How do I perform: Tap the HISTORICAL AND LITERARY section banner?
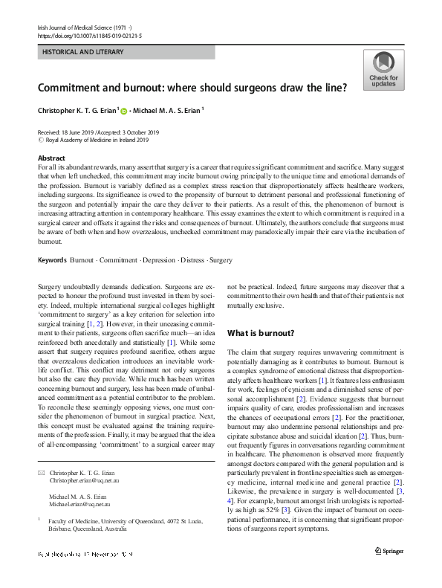pos(83,53)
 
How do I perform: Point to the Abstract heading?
pos(51,158)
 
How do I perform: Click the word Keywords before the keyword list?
pos(52,260)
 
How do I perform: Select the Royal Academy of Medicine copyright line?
pos(93,139)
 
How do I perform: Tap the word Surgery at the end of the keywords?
pos(221,260)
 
